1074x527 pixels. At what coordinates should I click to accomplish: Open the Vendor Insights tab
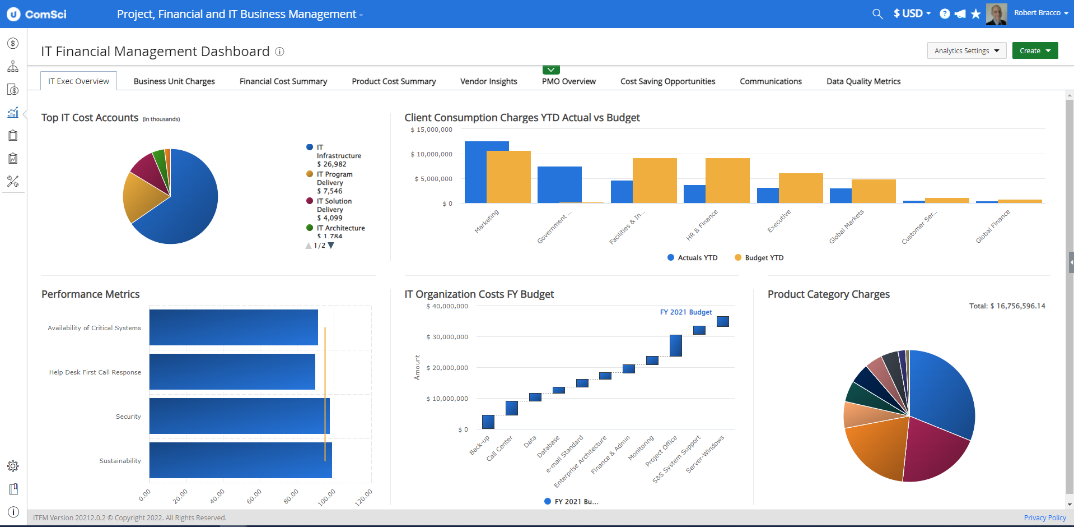(x=488, y=81)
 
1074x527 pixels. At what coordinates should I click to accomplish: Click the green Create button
(x=1034, y=50)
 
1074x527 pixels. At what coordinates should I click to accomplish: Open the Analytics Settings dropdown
(x=966, y=50)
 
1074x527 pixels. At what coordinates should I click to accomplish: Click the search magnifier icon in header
(x=877, y=14)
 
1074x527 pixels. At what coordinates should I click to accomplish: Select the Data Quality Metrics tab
(x=863, y=81)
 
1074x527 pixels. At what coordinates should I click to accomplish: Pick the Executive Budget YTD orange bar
(x=801, y=188)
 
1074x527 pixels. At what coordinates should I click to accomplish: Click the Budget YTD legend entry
(x=763, y=258)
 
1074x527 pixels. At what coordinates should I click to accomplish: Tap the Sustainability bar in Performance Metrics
(x=241, y=460)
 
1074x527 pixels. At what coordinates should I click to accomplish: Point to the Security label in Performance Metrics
(x=128, y=417)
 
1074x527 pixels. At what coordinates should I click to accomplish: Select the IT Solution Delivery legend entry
(x=334, y=205)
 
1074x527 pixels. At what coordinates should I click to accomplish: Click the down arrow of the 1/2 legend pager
(x=331, y=246)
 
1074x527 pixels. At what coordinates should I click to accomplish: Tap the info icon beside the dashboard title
(x=279, y=52)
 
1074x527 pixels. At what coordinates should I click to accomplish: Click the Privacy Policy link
(x=1044, y=517)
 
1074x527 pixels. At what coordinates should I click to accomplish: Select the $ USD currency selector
(x=912, y=13)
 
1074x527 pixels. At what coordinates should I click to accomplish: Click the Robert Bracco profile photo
(x=996, y=14)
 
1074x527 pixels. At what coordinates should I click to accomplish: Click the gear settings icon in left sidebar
(x=13, y=466)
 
